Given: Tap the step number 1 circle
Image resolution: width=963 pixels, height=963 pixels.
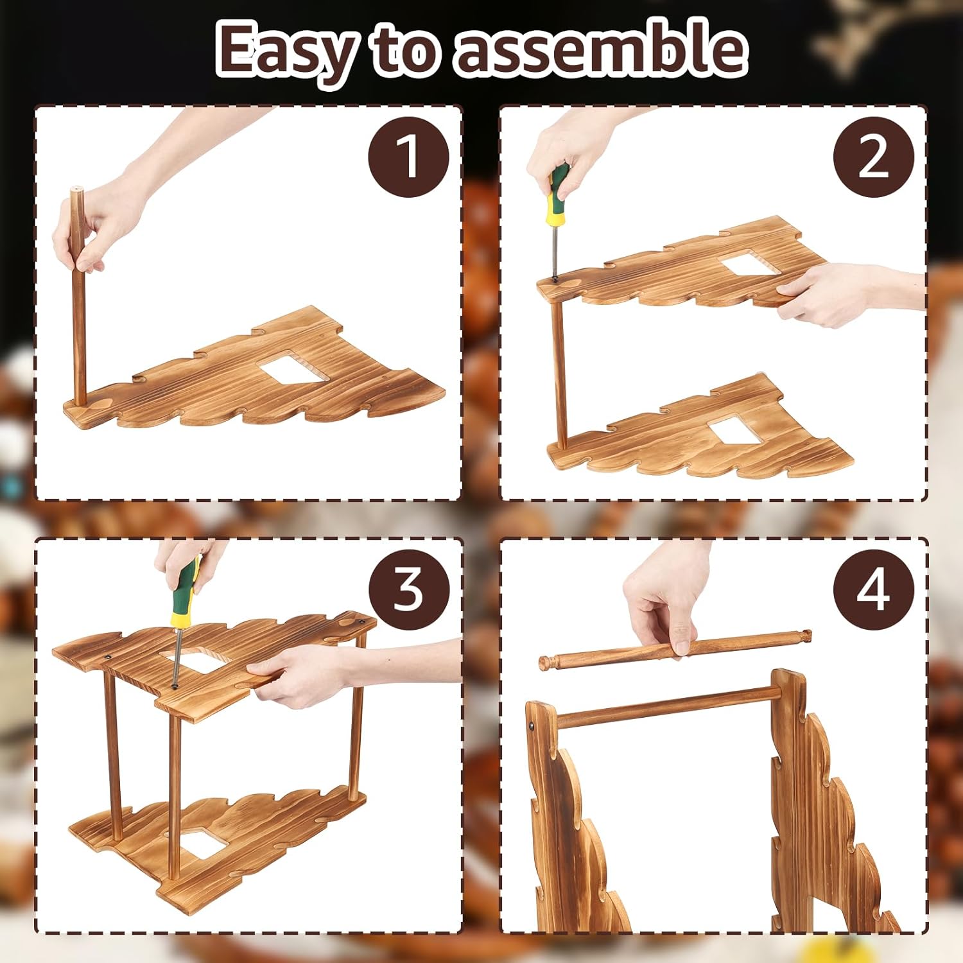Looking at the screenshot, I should [x=408, y=157].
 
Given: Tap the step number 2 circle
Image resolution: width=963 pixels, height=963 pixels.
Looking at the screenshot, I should [x=873, y=157].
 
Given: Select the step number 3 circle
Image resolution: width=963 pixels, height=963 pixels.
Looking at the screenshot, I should [x=408, y=589].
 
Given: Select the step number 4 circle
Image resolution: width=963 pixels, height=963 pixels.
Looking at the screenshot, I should [x=873, y=589].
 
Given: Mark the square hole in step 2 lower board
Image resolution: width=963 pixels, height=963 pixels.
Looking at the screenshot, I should [x=736, y=431].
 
